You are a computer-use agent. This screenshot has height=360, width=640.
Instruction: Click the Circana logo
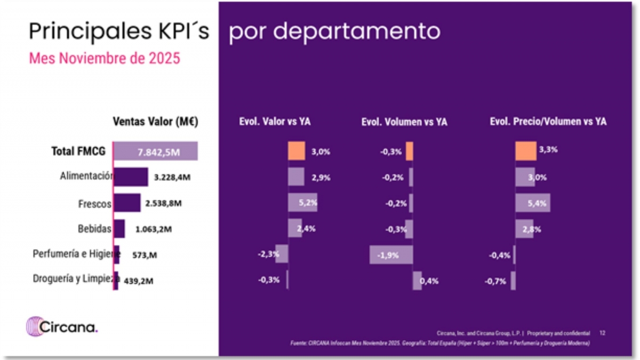[x=62, y=326]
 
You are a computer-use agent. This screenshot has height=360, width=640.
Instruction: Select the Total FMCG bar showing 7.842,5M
[x=156, y=151]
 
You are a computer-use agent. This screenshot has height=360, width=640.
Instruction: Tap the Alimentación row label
[x=86, y=176]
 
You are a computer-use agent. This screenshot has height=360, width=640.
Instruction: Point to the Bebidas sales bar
[x=119, y=229]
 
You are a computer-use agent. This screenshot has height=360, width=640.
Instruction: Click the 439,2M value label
[x=140, y=279]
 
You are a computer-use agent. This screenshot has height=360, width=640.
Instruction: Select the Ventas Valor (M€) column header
[x=155, y=121]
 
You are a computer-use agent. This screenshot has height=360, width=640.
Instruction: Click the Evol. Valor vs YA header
[x=275, y=122]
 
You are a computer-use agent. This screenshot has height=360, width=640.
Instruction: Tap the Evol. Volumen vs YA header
[x=404, y=122]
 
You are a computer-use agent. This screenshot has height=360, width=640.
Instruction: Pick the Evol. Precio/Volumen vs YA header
[x=548, y=122]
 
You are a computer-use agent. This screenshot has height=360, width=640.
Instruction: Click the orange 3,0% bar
[x=297, y=151]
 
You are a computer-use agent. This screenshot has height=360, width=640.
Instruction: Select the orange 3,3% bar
[x=526, y=151]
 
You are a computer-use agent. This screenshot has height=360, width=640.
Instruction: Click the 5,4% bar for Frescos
[x=532, y=203]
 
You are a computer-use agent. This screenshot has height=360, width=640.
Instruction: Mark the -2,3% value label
[x=268, y=254]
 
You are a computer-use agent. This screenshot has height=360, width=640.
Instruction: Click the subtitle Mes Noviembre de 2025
[x=105, y=58]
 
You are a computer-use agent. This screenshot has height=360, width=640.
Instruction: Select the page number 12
[x=602, y=333]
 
